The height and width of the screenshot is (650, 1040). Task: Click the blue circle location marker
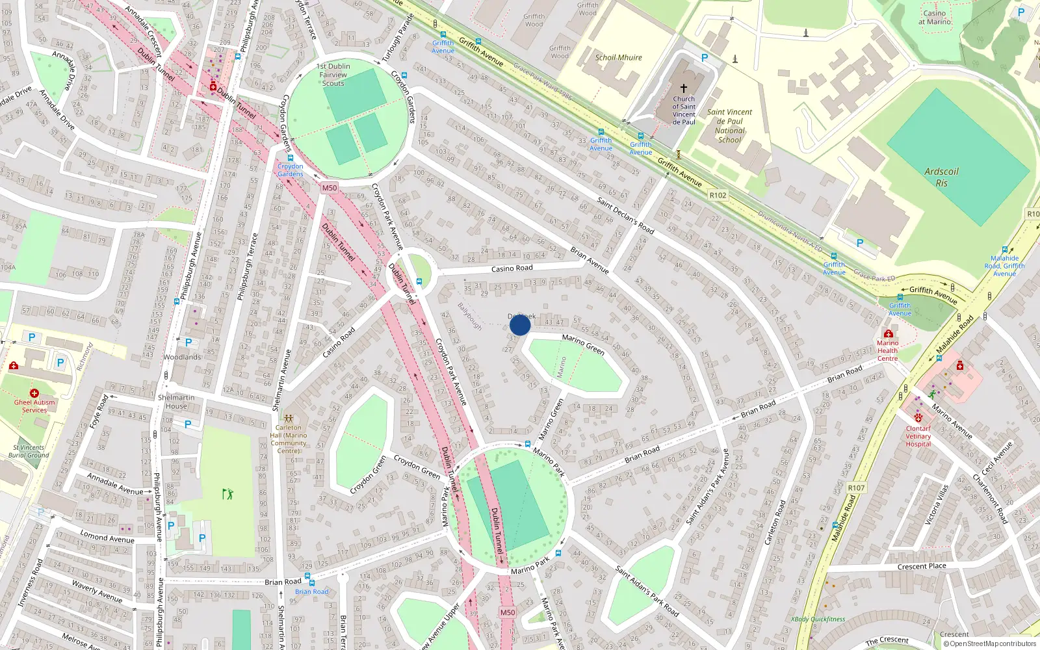[520, 325]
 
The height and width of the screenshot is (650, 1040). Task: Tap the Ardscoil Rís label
[941, 177]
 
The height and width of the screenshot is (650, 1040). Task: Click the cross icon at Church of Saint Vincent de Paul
[684, 88]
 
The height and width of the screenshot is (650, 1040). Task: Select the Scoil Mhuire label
[618, 57]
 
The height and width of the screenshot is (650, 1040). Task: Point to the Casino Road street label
[512, 268]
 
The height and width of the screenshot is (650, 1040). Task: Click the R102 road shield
[718, 195]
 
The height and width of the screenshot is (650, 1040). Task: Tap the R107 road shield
[856, 487]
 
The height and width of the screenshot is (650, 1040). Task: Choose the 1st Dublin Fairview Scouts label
[333, 75]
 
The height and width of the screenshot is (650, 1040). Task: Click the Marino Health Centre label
[887, 350]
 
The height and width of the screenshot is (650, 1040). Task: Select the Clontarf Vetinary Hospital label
[918, 436]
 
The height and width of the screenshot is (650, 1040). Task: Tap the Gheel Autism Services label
[34, 406]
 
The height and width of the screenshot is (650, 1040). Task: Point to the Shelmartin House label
[175, 402]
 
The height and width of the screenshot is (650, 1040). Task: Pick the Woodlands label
[182, 357]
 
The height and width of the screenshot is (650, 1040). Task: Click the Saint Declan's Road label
[625, 216]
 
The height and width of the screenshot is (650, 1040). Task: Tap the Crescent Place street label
[921, 566]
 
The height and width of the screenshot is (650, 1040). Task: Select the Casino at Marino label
[934, 18]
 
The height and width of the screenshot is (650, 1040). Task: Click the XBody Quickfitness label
[818, 619]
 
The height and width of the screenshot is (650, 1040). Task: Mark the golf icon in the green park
[227, 495]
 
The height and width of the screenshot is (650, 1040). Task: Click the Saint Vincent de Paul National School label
[729, 125]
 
